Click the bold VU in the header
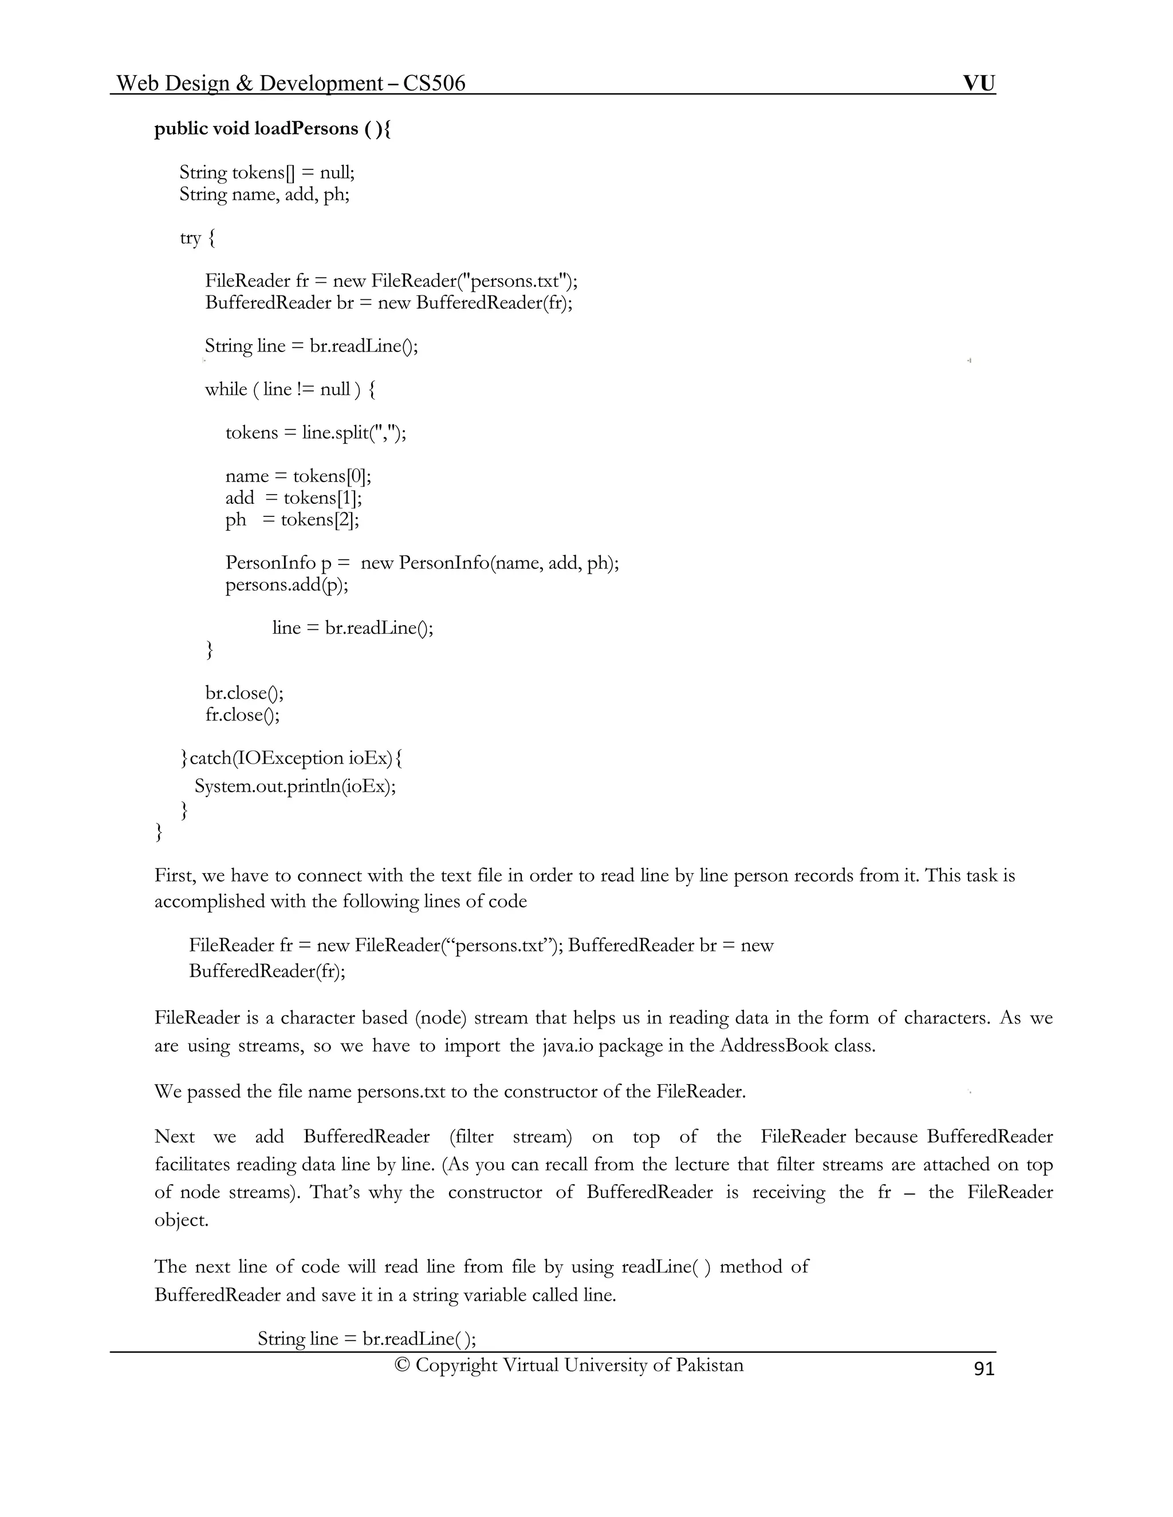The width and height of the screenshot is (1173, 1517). coord(978,84)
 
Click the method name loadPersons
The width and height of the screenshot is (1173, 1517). coord(306,129)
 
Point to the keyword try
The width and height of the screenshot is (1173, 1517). coord(190,238)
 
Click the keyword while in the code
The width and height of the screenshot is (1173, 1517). coord(226,390)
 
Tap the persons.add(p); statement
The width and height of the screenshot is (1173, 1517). coord(286,585)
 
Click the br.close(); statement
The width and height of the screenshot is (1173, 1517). coord(244,693)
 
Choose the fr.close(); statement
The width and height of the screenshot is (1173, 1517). coord(242,715)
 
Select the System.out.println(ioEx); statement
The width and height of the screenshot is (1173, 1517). coord(294,787)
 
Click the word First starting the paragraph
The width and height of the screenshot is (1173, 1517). coord(175,875)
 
